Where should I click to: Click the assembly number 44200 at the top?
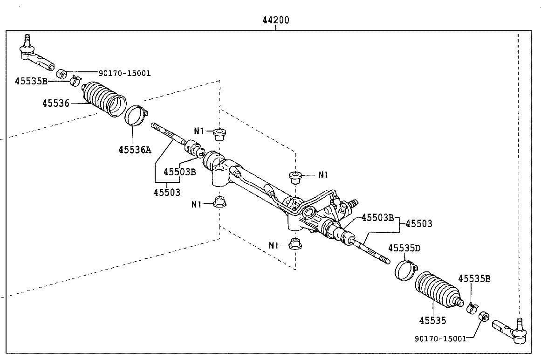276,20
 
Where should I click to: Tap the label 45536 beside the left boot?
56,103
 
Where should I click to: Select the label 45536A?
135,150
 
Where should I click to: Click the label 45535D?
404,248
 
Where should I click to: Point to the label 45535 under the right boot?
433,321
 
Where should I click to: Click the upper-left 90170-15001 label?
125,73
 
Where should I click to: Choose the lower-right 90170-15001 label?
441,339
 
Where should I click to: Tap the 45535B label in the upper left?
31,81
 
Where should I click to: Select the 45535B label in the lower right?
474,278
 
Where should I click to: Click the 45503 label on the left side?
167,192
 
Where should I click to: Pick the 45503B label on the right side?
378,218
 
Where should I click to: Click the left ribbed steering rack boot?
104,98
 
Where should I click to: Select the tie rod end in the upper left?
35,55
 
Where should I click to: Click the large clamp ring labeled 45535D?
406,270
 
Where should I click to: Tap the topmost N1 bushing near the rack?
219,134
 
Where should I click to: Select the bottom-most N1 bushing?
294,243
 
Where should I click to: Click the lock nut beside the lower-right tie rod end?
484,316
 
